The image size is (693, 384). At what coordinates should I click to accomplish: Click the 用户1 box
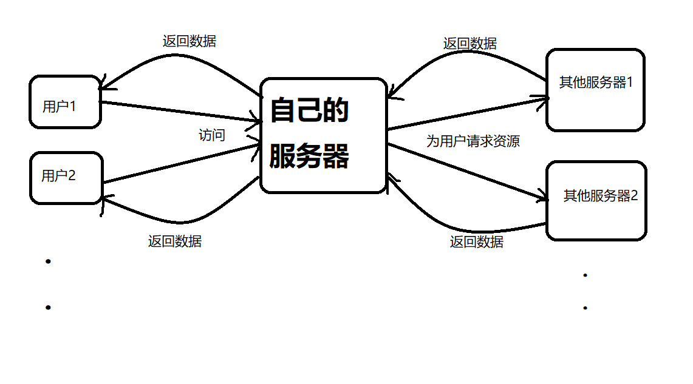coord(65,102)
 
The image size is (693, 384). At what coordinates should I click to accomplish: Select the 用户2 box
coord(66,177)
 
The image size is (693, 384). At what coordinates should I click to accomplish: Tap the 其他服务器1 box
coord(595,90)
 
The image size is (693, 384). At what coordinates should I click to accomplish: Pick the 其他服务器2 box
coord(596,200)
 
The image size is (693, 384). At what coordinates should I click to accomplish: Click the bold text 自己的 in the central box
coord(309,111)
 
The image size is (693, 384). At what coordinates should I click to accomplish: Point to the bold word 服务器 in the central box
coord(309,157)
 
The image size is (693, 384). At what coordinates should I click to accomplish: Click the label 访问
coord(212,135)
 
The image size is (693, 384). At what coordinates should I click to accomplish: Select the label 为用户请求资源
coord(473,142)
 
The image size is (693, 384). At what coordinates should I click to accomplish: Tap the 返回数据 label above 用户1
coord(189,41)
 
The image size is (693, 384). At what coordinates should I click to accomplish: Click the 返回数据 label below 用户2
coord(175,241)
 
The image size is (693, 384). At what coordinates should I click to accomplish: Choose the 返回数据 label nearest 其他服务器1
coord(469,44)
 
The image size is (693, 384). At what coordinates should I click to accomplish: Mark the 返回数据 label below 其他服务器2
coord(476,242)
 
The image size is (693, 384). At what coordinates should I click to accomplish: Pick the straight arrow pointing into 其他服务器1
coord(468,112)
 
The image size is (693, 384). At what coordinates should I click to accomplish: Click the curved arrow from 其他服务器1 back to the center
coord(468,56)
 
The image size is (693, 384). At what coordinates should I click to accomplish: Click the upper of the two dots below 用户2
coord(48,261)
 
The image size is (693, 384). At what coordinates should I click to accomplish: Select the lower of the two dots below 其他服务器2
coord(585,308)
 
